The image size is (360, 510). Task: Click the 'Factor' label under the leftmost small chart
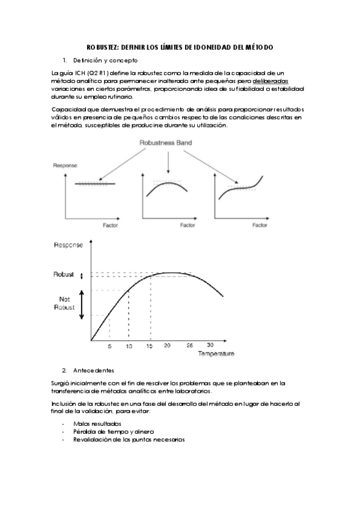point(110,226)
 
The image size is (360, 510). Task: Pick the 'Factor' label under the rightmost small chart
point(260,226)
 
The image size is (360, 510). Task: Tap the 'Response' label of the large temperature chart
point(69,245)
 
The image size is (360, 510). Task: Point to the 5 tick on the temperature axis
point(109,347)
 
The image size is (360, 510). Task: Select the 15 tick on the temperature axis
point(149,347)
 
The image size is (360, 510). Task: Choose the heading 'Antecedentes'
point(94,369)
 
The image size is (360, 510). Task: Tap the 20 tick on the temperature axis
point(168,347)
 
